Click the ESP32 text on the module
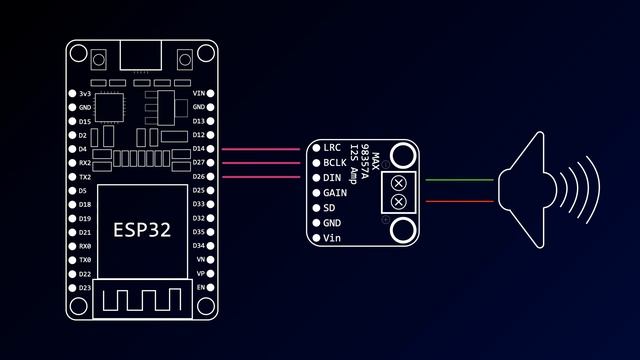tap(141, 230)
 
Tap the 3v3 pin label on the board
tap(85, 93)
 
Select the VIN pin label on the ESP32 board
tap(198, 93)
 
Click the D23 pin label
tap(84, 288)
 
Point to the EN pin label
tap(200, 288)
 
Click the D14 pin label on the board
tap(198, 148)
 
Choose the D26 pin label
tap(198, 176)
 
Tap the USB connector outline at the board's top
tap(142, 56)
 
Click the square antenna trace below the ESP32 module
tap(141, 301)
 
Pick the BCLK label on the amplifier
tap(335, 162)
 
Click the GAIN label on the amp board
tap(335, 192)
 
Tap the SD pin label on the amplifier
tap(330, 207)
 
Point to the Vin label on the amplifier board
tap(332, 238)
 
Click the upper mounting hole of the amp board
tap(403, 154)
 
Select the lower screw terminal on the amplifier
tap(400, 203)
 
